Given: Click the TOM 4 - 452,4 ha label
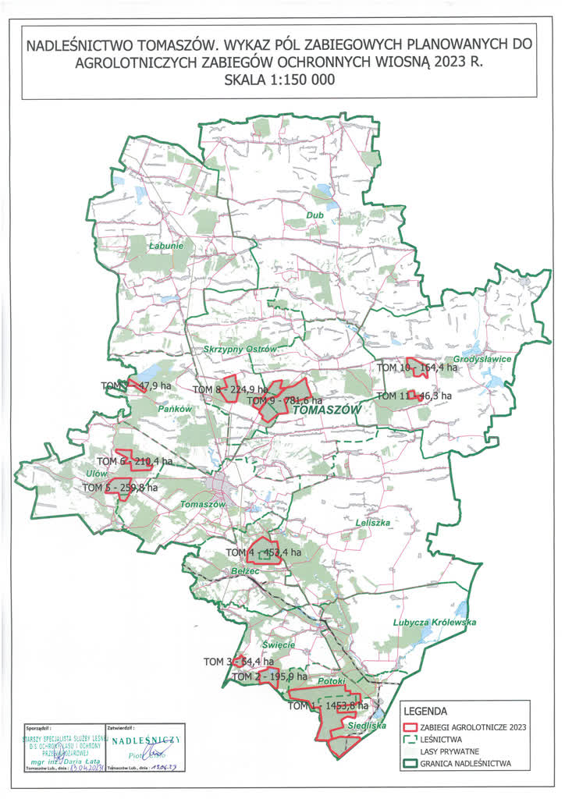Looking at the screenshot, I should (263, 552).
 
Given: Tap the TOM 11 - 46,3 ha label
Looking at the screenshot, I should (414, 396).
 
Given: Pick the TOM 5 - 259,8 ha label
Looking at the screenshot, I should (120, 488).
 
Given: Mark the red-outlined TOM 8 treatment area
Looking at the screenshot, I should (228, 392).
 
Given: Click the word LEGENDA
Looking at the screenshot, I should (426, 712).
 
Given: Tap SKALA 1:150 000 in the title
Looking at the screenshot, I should (282, 80).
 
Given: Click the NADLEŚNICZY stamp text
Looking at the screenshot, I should (146, 738).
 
